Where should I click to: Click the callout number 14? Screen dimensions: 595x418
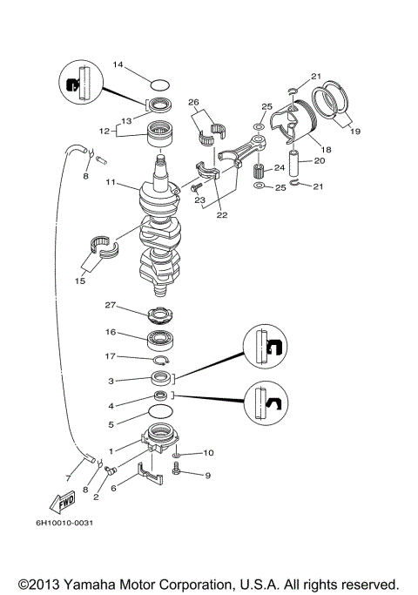click(118, 65)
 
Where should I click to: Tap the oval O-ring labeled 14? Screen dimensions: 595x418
click(158, 85)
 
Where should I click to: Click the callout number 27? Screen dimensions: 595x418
click(111, 306)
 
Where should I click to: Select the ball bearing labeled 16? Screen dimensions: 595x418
click(162, 339)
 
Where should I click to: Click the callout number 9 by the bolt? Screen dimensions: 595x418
click(208, 476)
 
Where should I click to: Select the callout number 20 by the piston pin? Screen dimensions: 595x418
click(319, 160)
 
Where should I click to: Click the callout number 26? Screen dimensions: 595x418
click(193, 101)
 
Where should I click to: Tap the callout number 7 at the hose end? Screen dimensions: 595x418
click(68, 478)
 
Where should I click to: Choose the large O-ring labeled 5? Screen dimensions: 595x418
click(160, 410)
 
